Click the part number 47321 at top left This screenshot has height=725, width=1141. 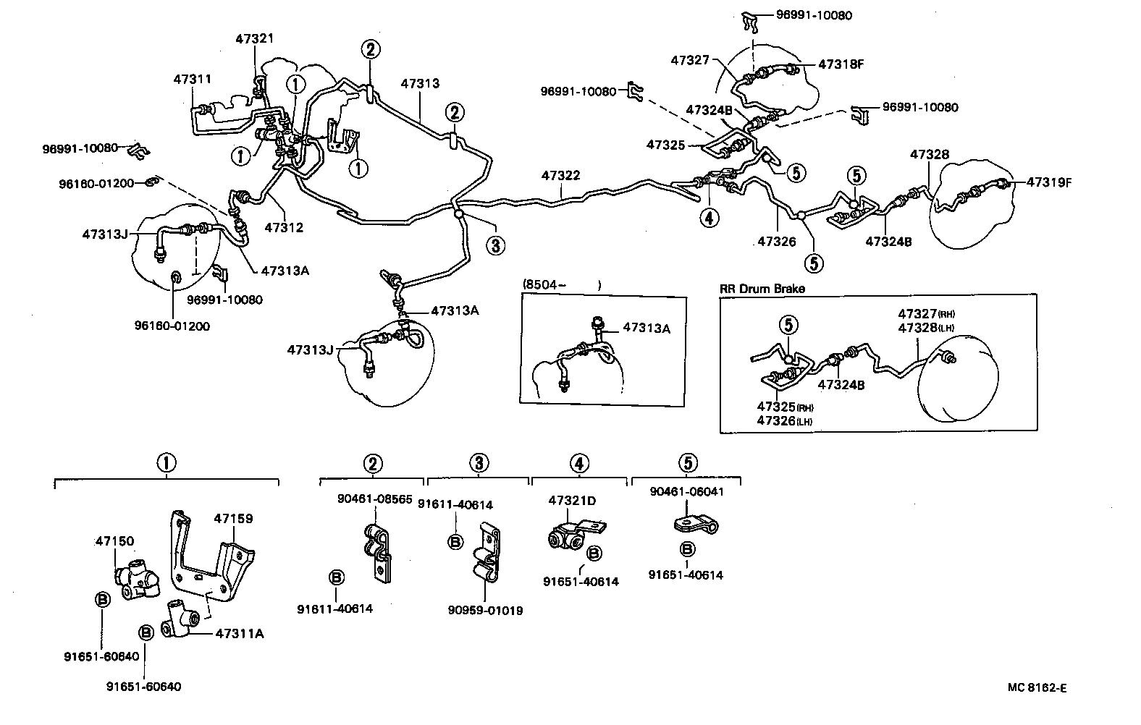pyautogui.click(x=254, y=38)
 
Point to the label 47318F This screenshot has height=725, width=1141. pyautogui.click(x=841, y=64)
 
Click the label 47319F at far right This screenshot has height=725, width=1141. pyautogui.click(x=1048, y=182)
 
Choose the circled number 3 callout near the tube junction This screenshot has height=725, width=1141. pyautogui.click(x=494, y=246)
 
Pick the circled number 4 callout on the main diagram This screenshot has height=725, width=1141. pyautogui.click(x=710, y=216)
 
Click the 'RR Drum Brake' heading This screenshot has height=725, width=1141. pyautogui.click(x=762, y=288)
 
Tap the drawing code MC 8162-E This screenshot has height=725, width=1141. pyautogui.click(x=1036, y=687)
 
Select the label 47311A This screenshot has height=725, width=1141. pyautogui.click(x=240, y=634)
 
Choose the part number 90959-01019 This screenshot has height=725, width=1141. pyautogui.click(x=485, y=610)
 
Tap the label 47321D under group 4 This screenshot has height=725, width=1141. pyautogui.click(x=572, y=500)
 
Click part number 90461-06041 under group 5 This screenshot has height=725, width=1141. pyautogui.click(x=686, y=492)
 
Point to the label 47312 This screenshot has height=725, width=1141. pyautogui.click(x=284, y=227)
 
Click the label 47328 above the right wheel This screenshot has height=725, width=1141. pyautogui.click(x=929, y=154)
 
